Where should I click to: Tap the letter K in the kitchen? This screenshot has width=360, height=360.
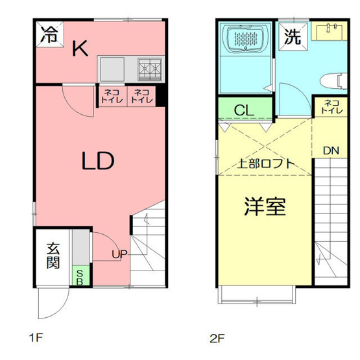[80, 49]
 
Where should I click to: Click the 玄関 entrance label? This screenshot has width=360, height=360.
[53, 255]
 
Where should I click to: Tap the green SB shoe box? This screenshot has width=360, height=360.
[78, 278]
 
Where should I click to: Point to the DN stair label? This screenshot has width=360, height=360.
[331, 151]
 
